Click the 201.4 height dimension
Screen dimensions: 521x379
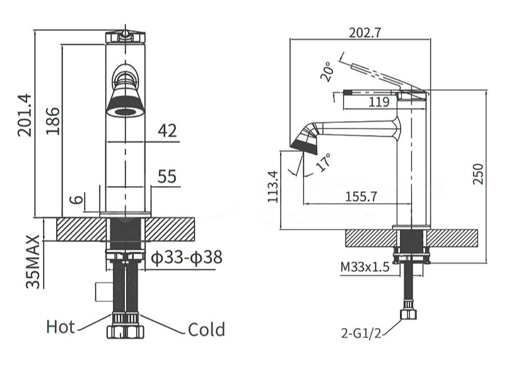(25, 115)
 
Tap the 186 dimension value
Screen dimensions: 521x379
(52, 121)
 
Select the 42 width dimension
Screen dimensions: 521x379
(167, 131)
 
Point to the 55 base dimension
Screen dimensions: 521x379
(167, 177)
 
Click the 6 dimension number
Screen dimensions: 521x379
(77, 199)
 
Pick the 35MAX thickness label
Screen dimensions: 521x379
(33, 262)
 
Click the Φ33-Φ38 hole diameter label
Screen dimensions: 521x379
(187, 257)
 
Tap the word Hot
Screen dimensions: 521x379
(61, 327)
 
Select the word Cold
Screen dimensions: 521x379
(206, 330)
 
